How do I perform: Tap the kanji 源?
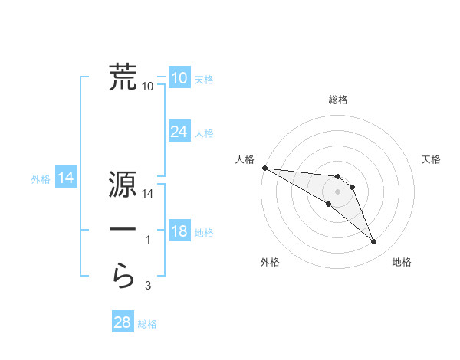click(x=123, y=185)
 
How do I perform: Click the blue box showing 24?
click(x=179, y=132)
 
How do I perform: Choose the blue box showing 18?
click(x=179, y=231)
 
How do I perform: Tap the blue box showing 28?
click(x=122, y=322)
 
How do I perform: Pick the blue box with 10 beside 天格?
click(x=179, y=78)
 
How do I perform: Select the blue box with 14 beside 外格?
click(x=66, y=178)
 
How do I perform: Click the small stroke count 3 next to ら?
click(x=148, y=286)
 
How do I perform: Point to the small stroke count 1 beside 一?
click(x=148, y=241)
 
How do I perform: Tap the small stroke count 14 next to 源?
click(x=148, y=195)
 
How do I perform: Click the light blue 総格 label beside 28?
click(x=147, y=324)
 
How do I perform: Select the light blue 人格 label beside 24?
click(x=204, y=133)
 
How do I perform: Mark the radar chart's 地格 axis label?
click(x=402, y=263)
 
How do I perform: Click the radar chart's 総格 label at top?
click(x=338, y=100)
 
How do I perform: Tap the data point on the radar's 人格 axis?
click(x=264, y=168)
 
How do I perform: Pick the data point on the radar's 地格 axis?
click(x=374, y=242)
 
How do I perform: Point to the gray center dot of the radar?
click(x=338, y=191)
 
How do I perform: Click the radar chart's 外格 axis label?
click(x=270, y=263)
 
